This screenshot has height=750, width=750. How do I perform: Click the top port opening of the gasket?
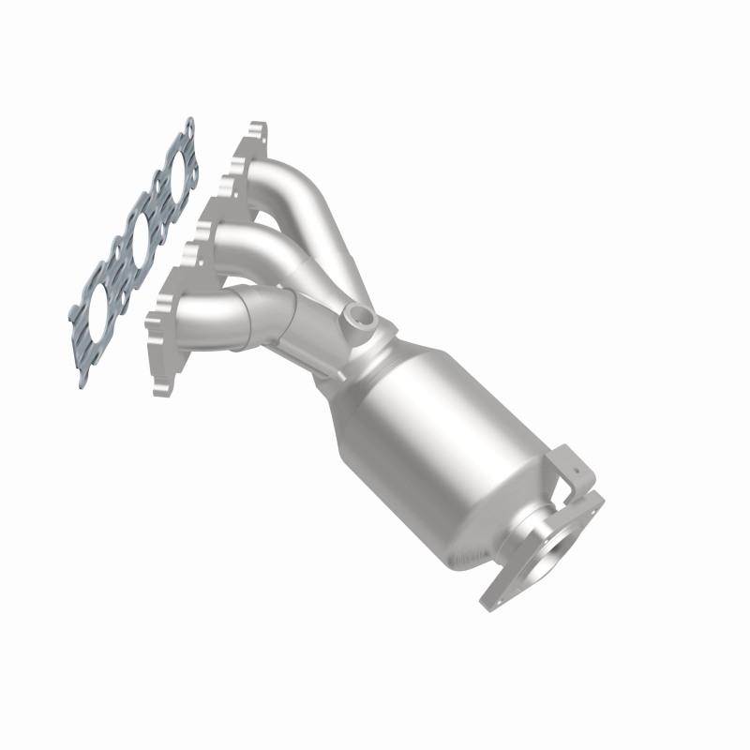[x=175, y=173]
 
